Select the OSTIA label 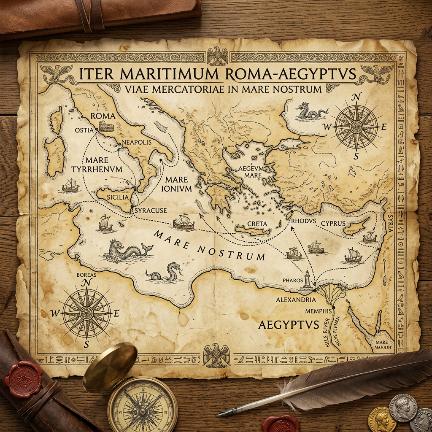[x=84, y=130]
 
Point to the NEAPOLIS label [x=136, y=143]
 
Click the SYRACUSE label [x=150, y=210]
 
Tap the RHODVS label [x=303, y=220]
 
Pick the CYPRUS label [x=333, y=223]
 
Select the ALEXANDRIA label [x=295, y=300]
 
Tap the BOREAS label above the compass [x=86, y=275]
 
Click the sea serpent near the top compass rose [x=311, y=111]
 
